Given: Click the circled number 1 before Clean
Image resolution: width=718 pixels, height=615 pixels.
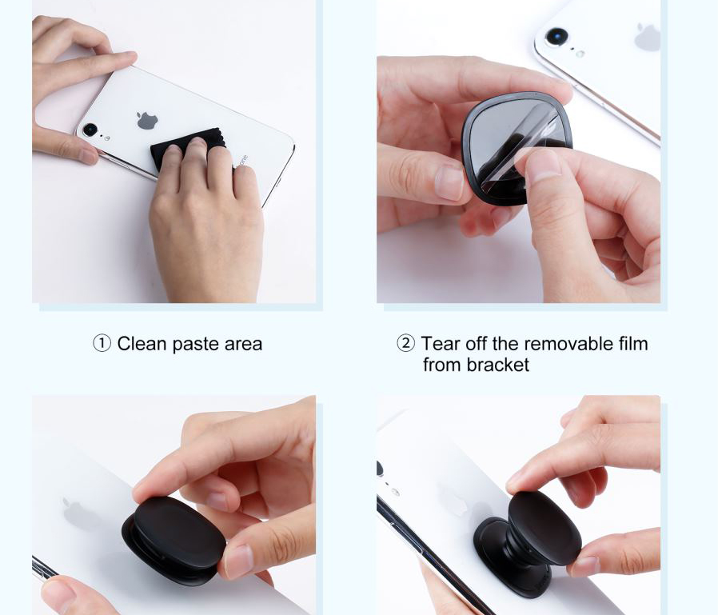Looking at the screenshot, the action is coord(102,343).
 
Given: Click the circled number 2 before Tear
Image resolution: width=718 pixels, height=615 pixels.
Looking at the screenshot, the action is coord(405,343).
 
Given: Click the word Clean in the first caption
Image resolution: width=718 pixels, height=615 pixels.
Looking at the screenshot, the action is coord(141,343).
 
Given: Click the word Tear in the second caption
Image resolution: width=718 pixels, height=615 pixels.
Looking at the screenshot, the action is coord(441,343).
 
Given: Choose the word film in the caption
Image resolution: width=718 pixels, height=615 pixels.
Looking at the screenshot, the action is coord(633,343).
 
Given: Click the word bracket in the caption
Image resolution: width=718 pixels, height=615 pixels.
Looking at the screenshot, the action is coord(498,365).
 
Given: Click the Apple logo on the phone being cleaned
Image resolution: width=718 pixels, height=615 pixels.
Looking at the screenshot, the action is coord(146,120).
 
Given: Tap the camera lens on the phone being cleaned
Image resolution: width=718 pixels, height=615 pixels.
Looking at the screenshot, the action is coord(90,130).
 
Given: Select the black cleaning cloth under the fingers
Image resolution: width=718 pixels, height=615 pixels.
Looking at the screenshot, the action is coord(188,147).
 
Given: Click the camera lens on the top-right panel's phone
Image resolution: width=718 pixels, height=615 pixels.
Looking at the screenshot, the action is coord(556,36).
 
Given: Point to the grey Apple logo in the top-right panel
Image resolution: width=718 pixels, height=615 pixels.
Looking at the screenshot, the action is coord(647,37).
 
